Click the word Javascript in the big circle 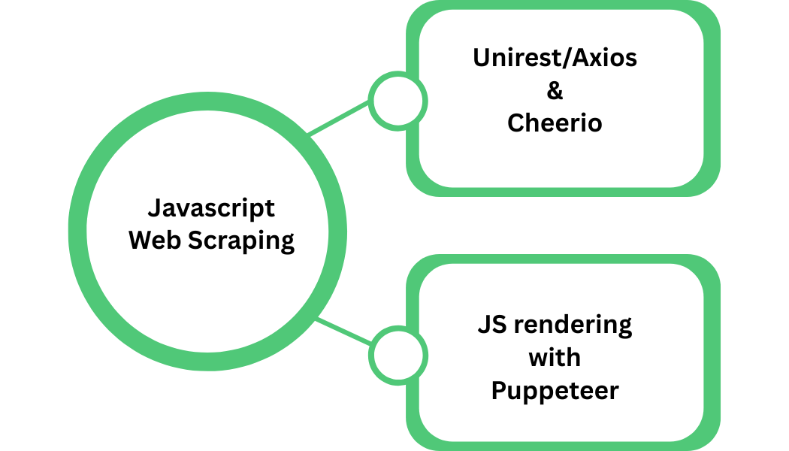click(x=210, y=208)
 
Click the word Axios click(x=606, y=58)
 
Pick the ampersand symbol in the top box click(x=555, y=90)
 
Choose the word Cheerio click(x=555, y=123)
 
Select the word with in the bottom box click(x=555, y=358)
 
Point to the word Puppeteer click(x=555, y=391)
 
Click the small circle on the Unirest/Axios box click(x=398, y=101)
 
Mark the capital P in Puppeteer click(x=498, y=390)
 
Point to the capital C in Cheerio click(x=515, y=123)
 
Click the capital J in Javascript click(x=153, y=208)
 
